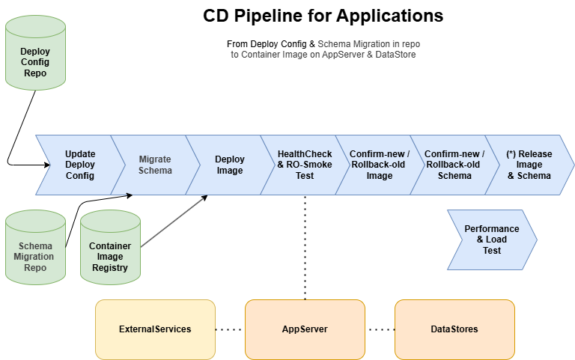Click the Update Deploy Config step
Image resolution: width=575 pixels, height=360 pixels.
[79, 165]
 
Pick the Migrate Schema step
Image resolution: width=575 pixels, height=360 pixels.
[155, 165]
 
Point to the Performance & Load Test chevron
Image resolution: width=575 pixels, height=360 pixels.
[491, 240]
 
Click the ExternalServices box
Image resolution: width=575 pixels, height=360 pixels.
[155, 329]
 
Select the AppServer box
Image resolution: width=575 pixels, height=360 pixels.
[305, 329]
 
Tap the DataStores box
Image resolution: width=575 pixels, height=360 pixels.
[454, 329]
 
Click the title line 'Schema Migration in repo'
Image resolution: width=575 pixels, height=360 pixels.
[368, 45]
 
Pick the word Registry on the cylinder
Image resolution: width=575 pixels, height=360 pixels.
[110, 268]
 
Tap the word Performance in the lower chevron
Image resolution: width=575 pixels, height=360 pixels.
[491, 229]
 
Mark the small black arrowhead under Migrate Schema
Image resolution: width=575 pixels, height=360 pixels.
[131, 195]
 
